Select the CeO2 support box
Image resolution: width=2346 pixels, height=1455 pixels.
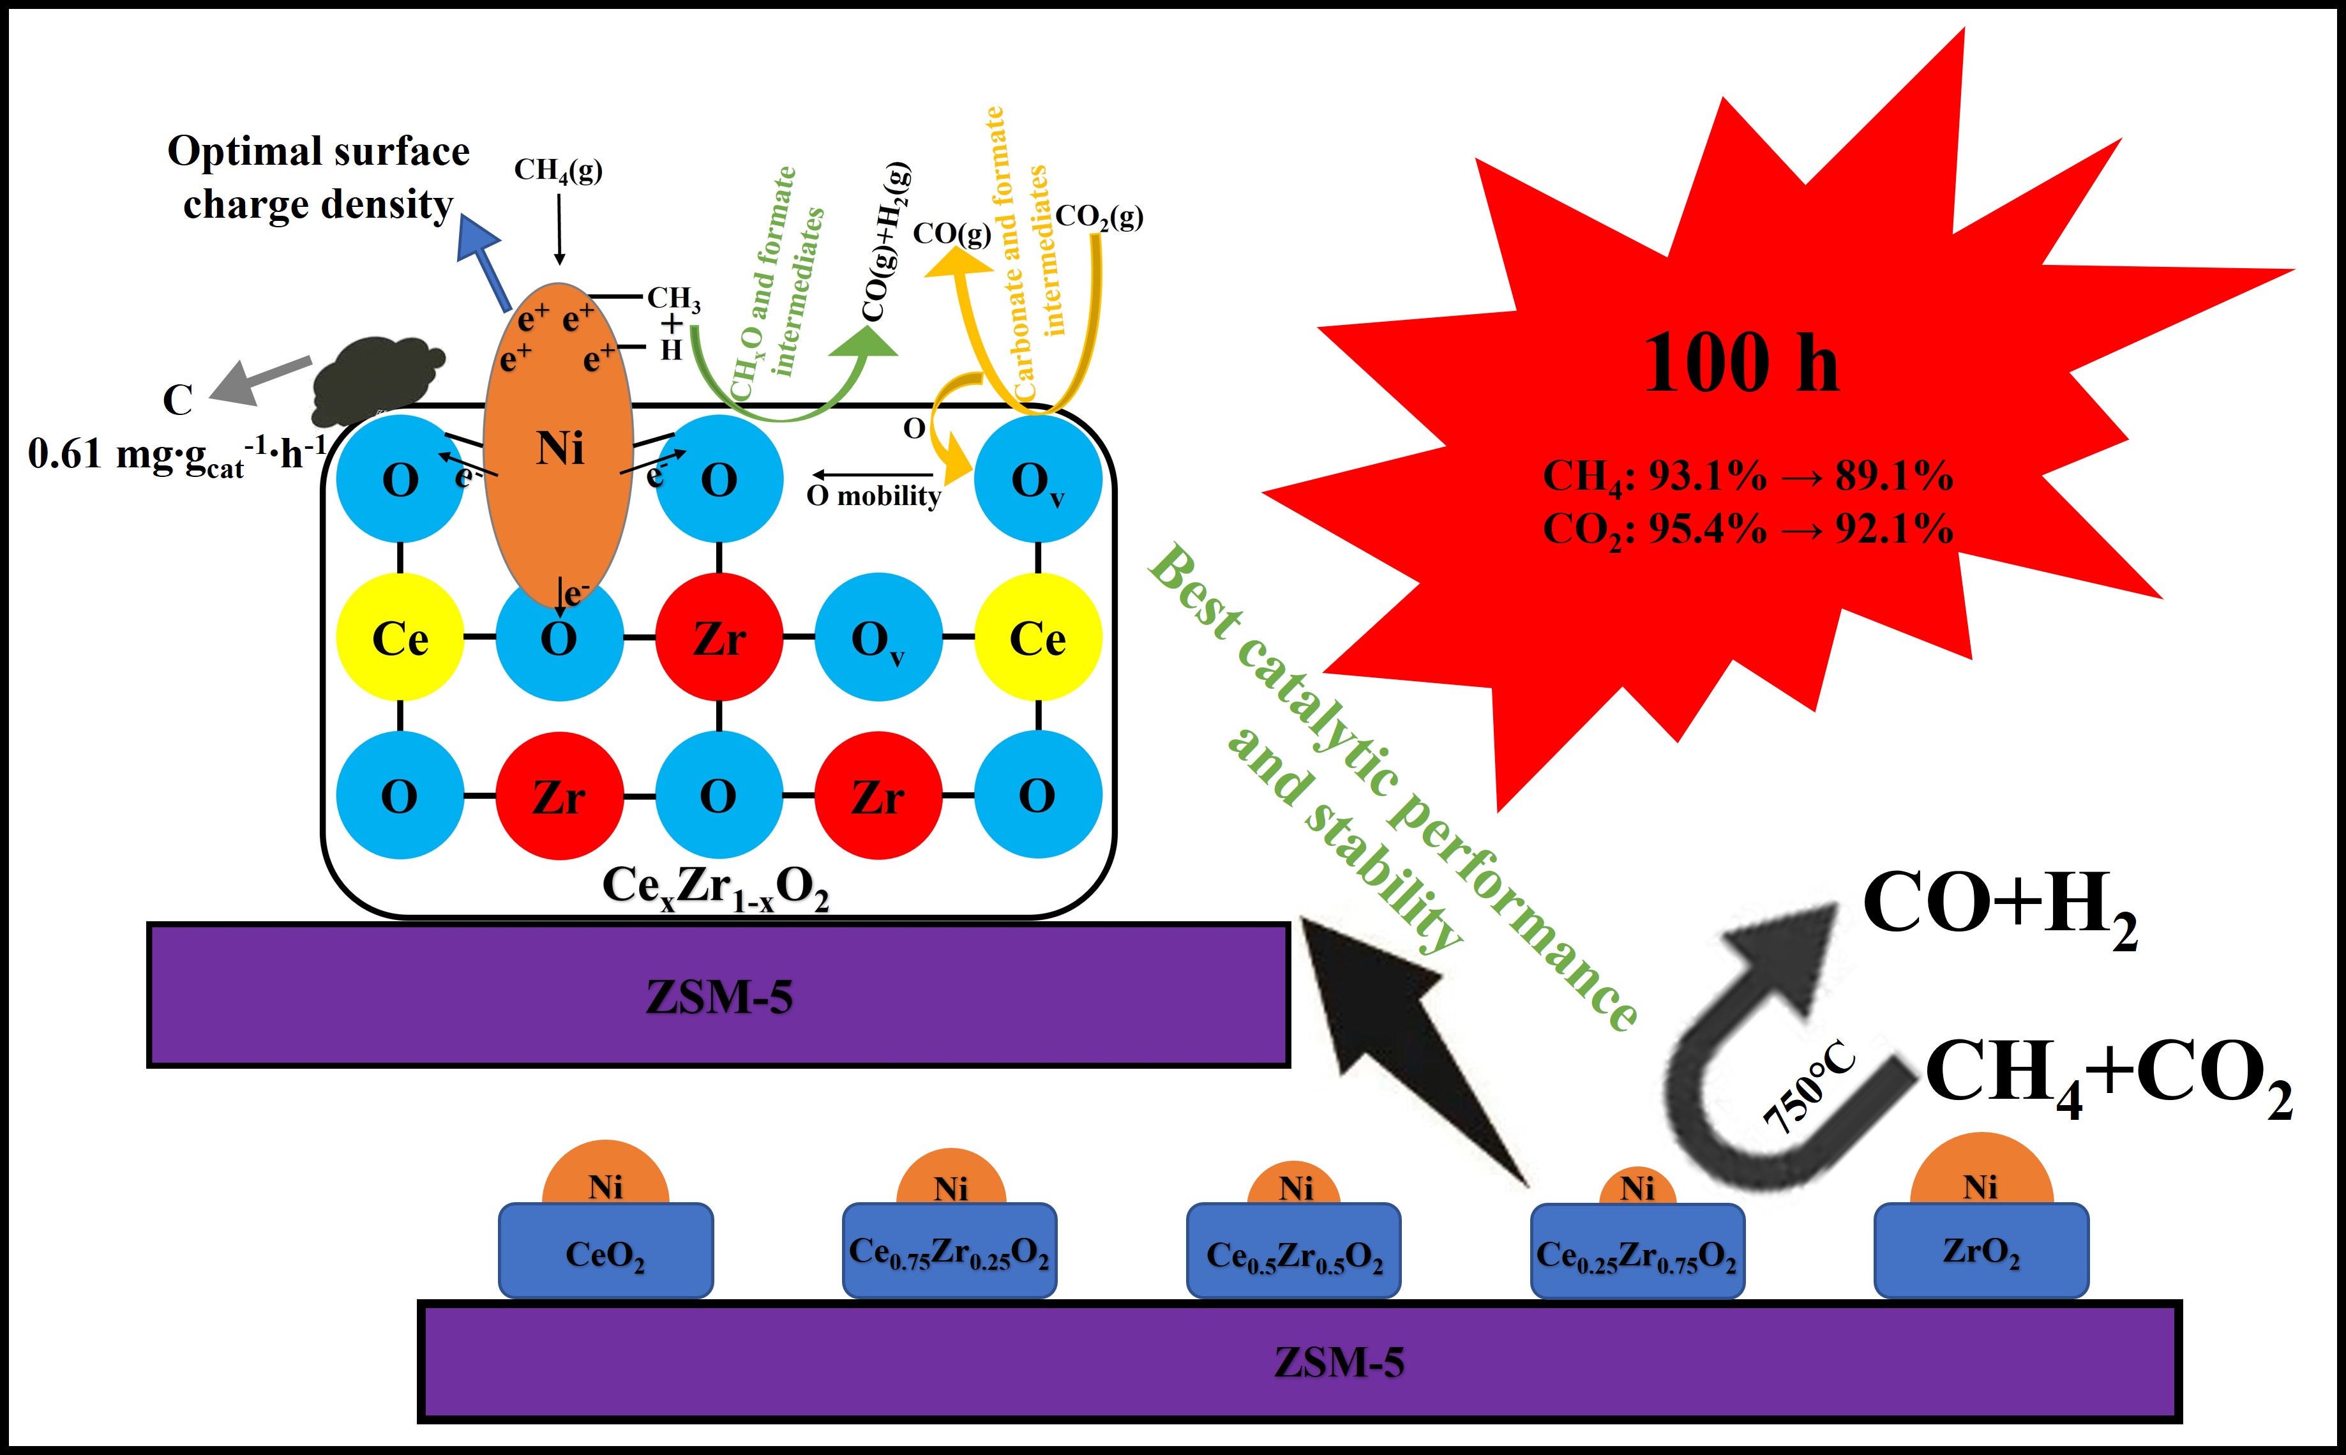tap(605, 1251)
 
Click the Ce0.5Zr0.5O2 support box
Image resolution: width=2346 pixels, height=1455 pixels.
tap(1293, 1251)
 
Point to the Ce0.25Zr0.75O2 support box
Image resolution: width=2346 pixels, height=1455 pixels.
tap(1637, 1251)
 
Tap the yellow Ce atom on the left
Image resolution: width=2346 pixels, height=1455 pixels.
tap(400, 637)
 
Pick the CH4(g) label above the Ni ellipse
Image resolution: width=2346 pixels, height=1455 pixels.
tap(558, 170)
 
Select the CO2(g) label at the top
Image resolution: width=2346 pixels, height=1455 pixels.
tap(1099, 216)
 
